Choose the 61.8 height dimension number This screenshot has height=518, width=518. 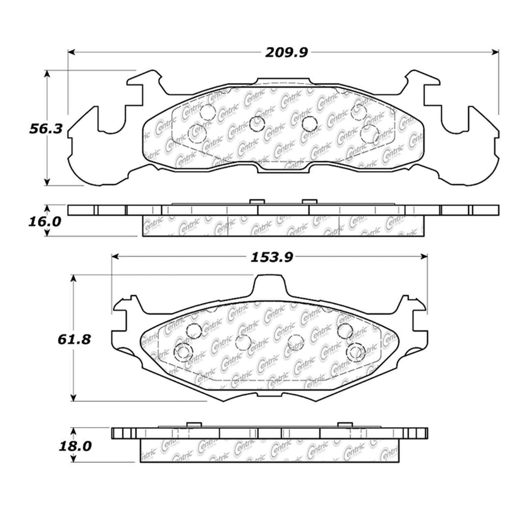tap(74, 339)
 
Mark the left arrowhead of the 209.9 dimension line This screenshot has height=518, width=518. tap(71, 53)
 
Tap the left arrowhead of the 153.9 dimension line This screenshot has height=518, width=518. tap(115, 256)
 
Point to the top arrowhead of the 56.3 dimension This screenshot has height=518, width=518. tap(46, 73)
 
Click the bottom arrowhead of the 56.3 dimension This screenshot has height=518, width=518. tap(46, 182)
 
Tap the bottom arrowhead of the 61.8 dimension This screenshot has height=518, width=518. tap(73, 398)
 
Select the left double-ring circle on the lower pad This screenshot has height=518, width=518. tap(183, 352)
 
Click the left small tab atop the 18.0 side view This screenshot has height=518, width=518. tap(194, 424)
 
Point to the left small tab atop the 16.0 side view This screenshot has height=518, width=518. tap(255, 202)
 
